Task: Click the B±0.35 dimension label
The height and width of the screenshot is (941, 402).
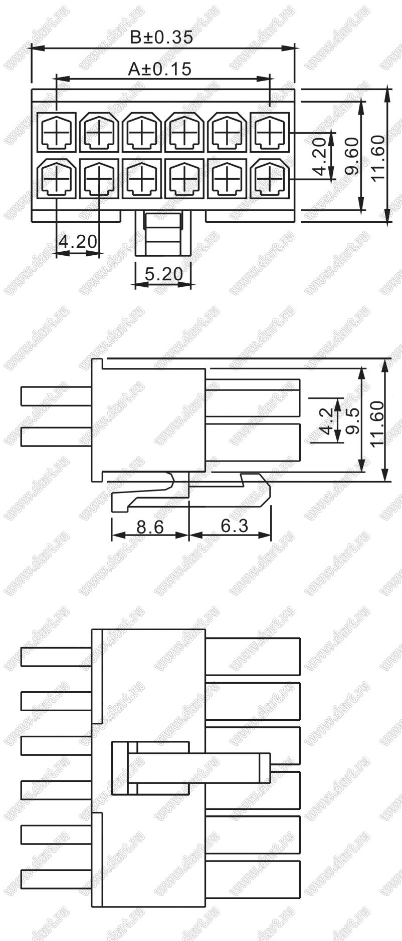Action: [x=161, y=38]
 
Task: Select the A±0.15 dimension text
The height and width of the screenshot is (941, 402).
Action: [x=160, y=69]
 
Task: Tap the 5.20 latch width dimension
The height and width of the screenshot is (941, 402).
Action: [x=163, y=274]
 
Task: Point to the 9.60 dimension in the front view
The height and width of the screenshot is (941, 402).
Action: [x=353, y=156]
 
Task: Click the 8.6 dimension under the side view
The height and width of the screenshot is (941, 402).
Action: [x=150, y=527]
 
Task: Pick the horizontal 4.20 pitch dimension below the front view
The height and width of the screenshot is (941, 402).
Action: [x=78, y=242]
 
